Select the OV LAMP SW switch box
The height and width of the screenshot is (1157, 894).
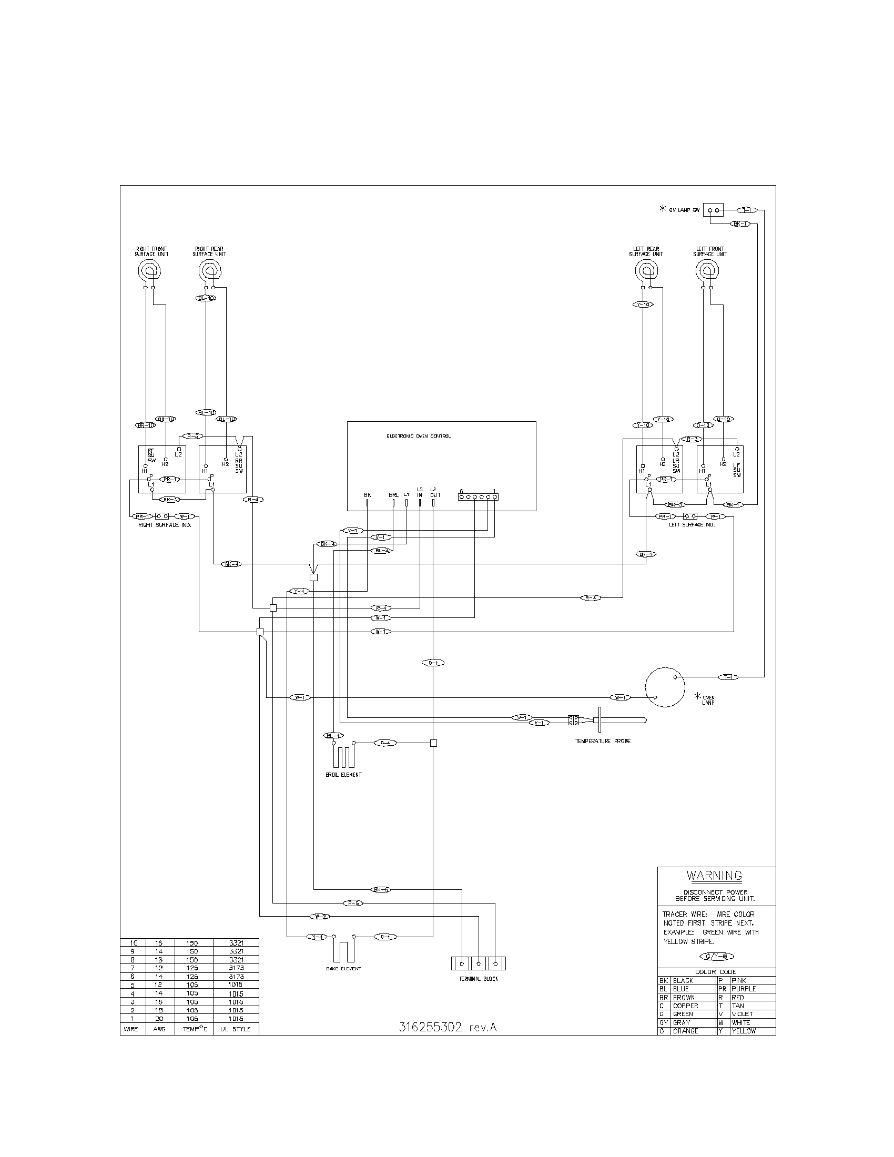[x=713, y=210]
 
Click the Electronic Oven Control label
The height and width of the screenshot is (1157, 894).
[x=419, y=436]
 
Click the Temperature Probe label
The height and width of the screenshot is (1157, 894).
[x=603, y=741]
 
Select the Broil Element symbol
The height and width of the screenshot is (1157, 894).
[x=343, y=757]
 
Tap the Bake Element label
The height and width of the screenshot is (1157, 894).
[x=344, y=968]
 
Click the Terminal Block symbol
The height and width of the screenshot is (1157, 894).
[x=478, y=963]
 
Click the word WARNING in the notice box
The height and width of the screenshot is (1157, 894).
[x=714, y=876]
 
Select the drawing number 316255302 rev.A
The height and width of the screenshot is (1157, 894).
[x=448, y=1027]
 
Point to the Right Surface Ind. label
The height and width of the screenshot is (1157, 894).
[x=165, y=524]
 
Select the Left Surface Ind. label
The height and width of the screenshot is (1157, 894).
[x=692, y=524]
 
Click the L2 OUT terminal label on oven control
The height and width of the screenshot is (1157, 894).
[x=435, y=492]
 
